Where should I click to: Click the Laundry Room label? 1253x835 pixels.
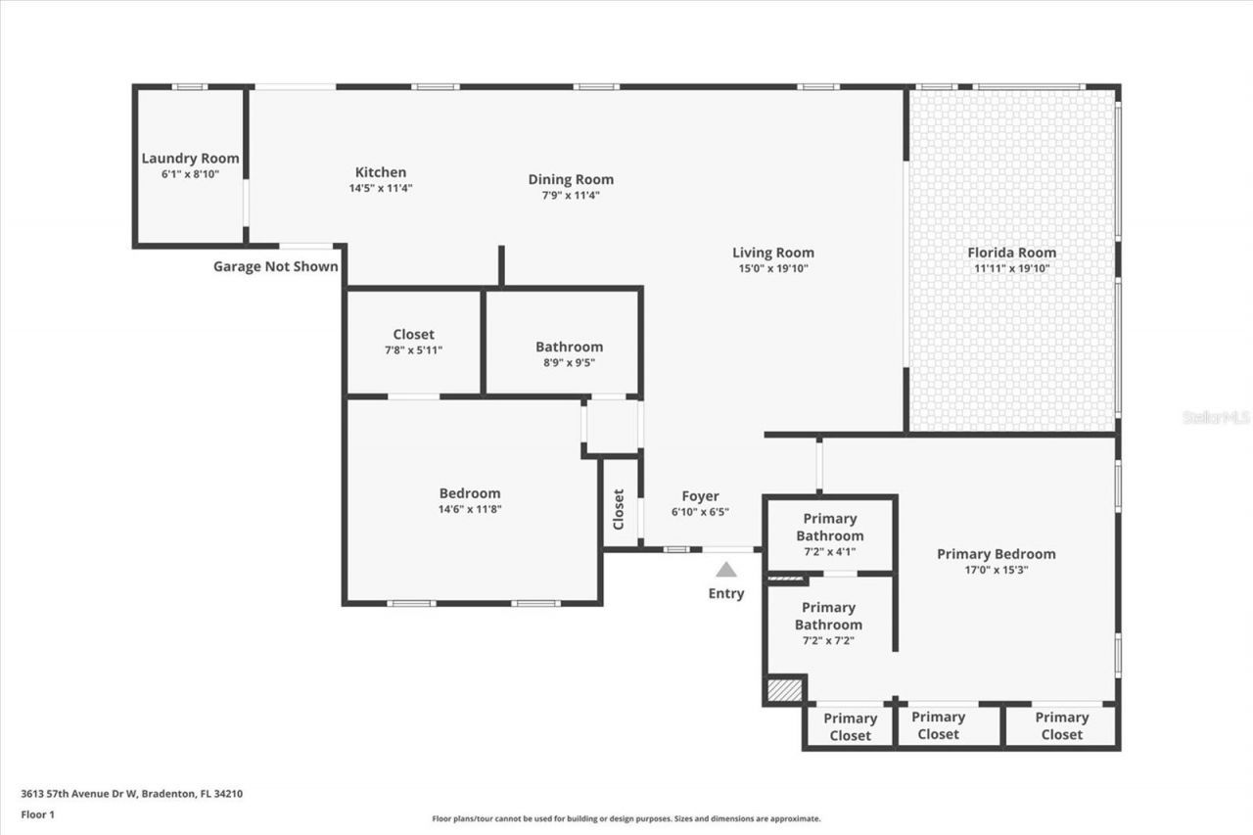point(190,159)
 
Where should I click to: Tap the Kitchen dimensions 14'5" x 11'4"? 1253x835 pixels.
point(381,188)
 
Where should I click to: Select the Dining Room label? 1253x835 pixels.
point(571,179)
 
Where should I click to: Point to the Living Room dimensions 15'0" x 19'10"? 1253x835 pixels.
point(773,268)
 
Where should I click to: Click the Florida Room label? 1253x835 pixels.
point(1012,253)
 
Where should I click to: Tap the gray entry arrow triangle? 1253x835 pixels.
point(725,570)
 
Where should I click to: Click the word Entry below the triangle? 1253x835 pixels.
point(726,593)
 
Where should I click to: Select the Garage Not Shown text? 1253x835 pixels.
point(276,266)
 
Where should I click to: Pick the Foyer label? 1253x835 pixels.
point(700,496)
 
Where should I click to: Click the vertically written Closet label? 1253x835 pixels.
point(619,510)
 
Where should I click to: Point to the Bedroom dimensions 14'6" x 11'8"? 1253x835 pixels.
point(470,509)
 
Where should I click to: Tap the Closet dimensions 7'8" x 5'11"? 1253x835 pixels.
point(413,349)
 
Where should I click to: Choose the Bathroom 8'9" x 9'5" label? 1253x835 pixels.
point(569,347)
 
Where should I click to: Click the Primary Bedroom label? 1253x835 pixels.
point(996,554)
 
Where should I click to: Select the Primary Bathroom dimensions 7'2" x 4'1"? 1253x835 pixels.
point(829,551)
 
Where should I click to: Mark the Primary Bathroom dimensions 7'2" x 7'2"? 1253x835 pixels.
point(829,641)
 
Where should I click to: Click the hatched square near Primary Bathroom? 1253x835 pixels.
point(784,690)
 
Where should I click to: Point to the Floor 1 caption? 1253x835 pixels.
point(37,813)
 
